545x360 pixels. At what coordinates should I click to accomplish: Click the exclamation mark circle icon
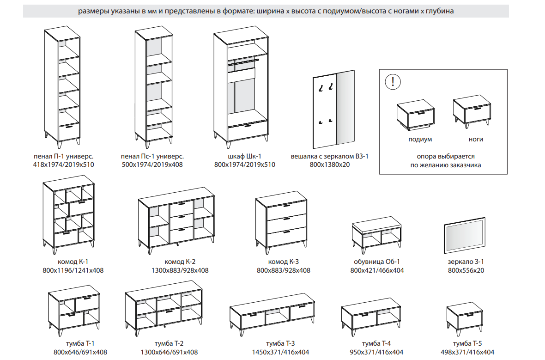click(393, 82)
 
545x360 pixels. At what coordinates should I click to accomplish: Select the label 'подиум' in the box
click(420, 140)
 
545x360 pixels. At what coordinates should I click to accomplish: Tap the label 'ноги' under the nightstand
click(475, 139)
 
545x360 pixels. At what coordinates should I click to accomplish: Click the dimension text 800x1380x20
click(329, 165)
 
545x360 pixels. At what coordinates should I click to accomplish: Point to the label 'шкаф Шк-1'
click(244, 156)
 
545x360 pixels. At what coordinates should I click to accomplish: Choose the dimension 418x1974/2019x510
click(63, 165)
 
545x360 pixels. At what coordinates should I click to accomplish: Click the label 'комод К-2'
click(180, 262)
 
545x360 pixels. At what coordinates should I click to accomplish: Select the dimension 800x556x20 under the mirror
click(466, 270)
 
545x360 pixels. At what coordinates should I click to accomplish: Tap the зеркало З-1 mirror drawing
click(464, 235)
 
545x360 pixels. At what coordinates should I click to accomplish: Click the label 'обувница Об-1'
click(377, 262)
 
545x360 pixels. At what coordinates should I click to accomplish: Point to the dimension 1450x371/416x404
click(280, 352)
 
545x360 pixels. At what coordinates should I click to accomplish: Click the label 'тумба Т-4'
click(376, 344)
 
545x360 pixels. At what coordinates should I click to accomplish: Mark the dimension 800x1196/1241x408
click(73, 270)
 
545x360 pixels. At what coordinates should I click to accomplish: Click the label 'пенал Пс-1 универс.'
click(152, 156)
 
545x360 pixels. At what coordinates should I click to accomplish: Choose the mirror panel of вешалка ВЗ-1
click(345, 107)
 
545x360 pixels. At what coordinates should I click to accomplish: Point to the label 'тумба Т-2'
click(169, 344)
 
